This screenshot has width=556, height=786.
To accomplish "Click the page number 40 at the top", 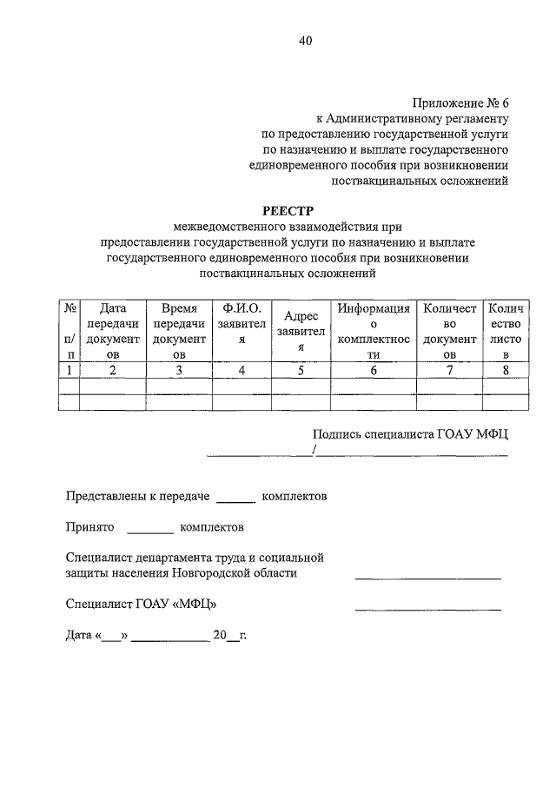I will point(304,41).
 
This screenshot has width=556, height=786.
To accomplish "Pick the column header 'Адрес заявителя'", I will point(301,331).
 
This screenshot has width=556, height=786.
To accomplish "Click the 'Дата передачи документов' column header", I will point(113,331).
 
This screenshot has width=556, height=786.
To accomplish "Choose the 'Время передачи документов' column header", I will point(179,331).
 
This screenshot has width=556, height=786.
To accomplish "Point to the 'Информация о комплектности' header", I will point(374,331).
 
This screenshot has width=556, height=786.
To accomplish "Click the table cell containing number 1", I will point(69,370).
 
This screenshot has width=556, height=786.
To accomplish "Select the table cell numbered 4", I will point(242,370).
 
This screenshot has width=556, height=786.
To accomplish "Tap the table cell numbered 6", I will point(374,370).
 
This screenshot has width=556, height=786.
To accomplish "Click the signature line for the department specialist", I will point(427,578).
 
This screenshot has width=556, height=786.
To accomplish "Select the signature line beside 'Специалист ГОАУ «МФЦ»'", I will point(427,608).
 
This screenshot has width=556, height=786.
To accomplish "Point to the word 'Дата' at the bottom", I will point(79,636).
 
